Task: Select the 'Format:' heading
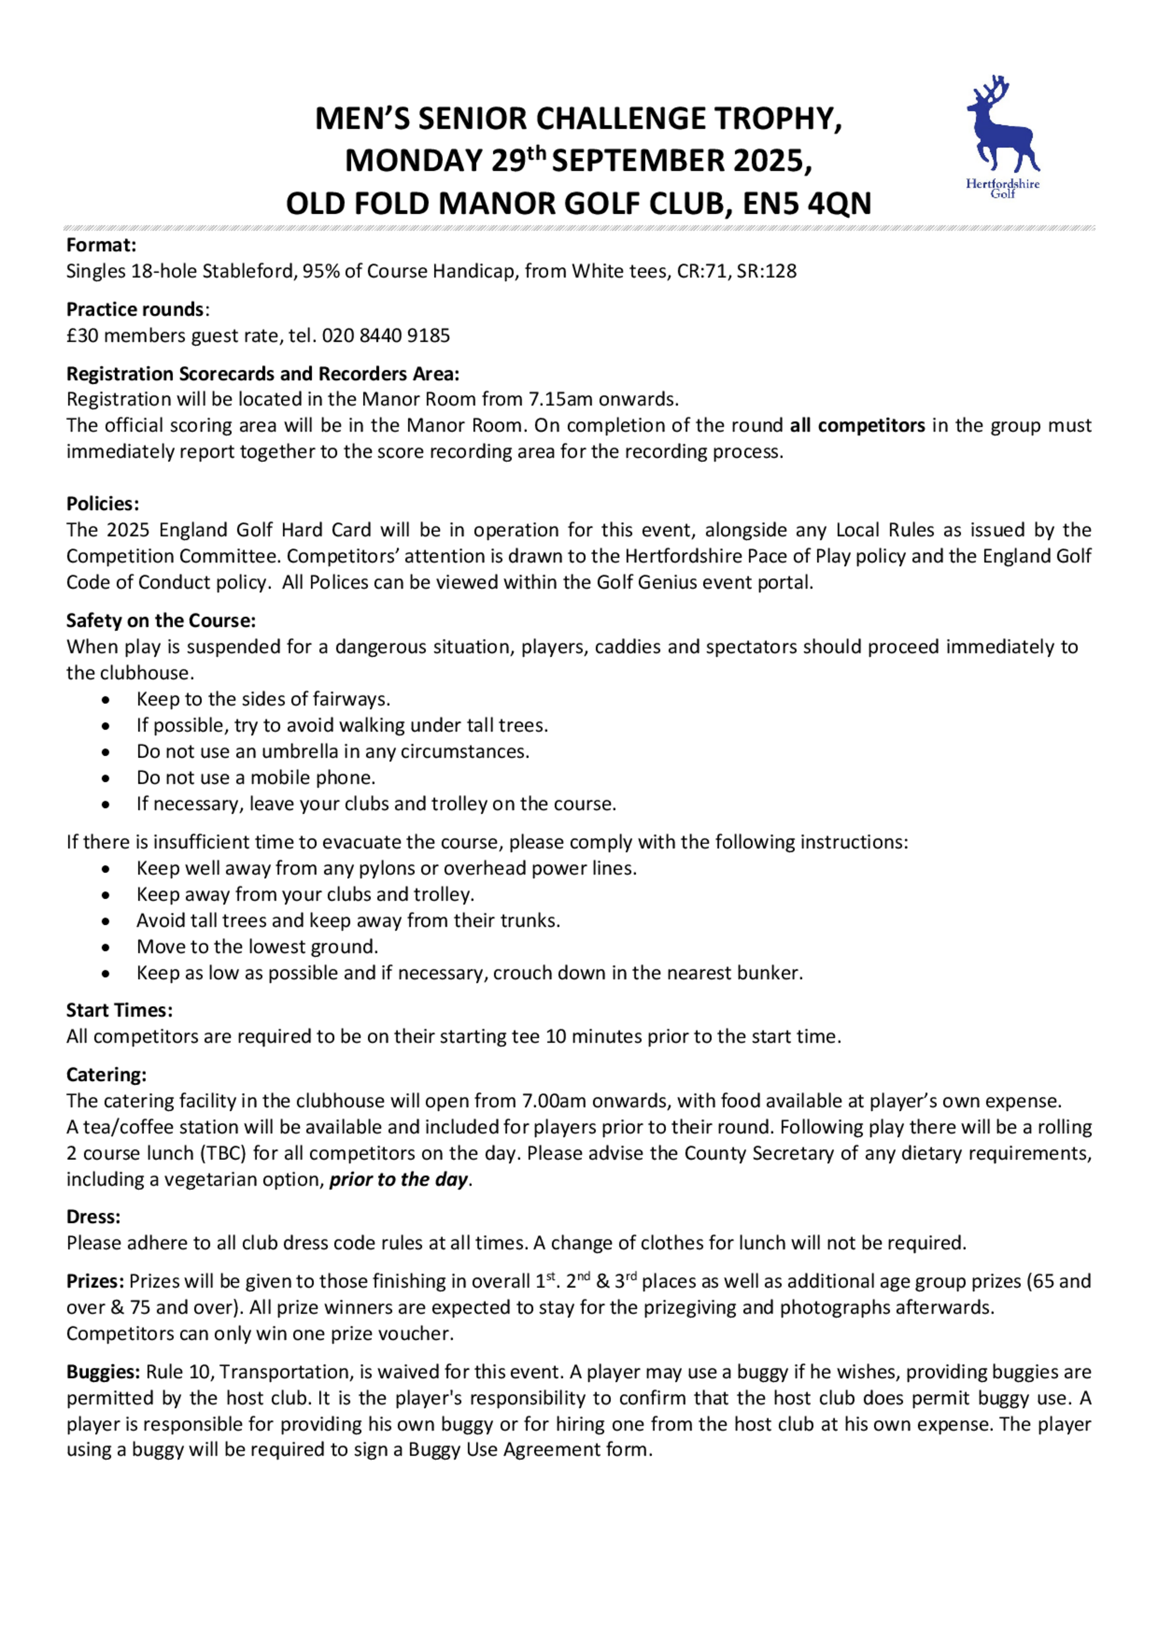[101, 246]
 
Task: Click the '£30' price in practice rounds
[82, 335]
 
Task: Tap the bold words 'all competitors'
[857, 425]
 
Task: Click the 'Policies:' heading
[102, 504]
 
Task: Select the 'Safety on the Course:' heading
[161, 620]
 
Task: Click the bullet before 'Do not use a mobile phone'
[105, 778]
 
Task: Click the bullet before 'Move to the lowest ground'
[105, 947]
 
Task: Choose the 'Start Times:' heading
[119, 1011]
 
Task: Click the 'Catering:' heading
[107, 1075]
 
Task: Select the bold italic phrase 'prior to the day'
[398, 1180]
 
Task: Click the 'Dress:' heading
[93, 1217]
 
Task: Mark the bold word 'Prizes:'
[96, 1282]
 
